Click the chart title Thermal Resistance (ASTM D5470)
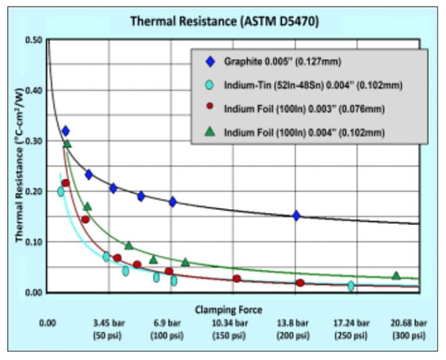coord(224,22)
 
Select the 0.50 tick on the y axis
coord(34,40)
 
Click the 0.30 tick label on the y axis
coord(34,141)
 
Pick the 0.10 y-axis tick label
coord(34,242)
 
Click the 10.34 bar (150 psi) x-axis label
coord(233,329)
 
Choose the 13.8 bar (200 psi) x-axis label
coord(295,329)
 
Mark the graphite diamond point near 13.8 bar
coord(296,215)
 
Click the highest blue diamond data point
coord(65,131)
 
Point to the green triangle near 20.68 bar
coord(396,275)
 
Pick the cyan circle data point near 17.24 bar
coord(351,286)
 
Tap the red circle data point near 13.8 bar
coord(300,283)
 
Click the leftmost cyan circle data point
coord(60,191)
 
